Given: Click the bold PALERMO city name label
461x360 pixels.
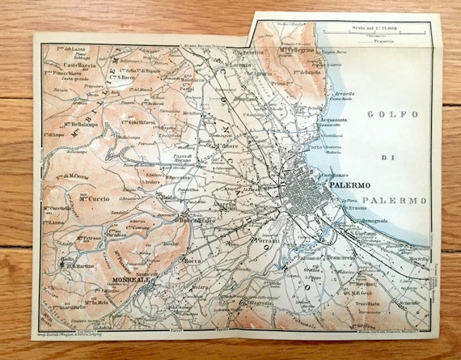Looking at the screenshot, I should click(350, 185).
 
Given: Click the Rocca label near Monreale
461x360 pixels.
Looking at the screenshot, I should click(193, 260).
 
